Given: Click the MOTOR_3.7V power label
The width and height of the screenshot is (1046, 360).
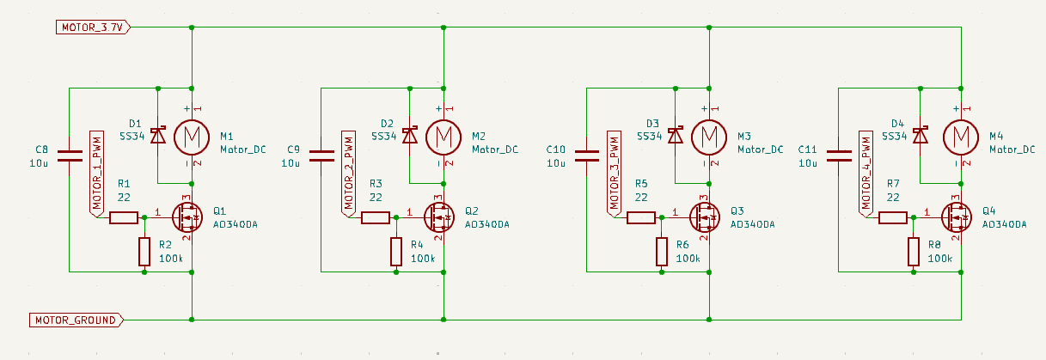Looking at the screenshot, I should point(94,27).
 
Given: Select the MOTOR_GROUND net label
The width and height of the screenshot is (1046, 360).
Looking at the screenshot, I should point(76,320).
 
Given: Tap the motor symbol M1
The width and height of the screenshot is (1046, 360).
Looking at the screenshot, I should point(192,136).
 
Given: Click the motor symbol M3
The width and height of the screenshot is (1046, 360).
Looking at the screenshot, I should point(709,136).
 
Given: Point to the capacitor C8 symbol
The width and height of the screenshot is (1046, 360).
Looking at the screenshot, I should point(70,156).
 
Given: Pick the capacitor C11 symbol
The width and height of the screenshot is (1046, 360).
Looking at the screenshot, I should point(837,156).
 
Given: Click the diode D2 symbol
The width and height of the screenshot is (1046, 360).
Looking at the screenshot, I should point(409,135).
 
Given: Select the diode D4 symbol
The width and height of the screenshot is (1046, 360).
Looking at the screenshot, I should point(921,135).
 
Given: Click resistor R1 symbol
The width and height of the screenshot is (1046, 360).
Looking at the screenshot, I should point(123,217).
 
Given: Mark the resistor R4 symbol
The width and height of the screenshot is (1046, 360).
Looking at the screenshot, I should point(396,252).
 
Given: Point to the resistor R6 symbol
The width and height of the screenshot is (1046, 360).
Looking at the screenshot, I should point(662,252).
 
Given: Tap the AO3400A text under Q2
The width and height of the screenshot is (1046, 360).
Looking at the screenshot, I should point(486,224).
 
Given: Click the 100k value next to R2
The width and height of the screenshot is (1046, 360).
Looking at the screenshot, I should point(171,259).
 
